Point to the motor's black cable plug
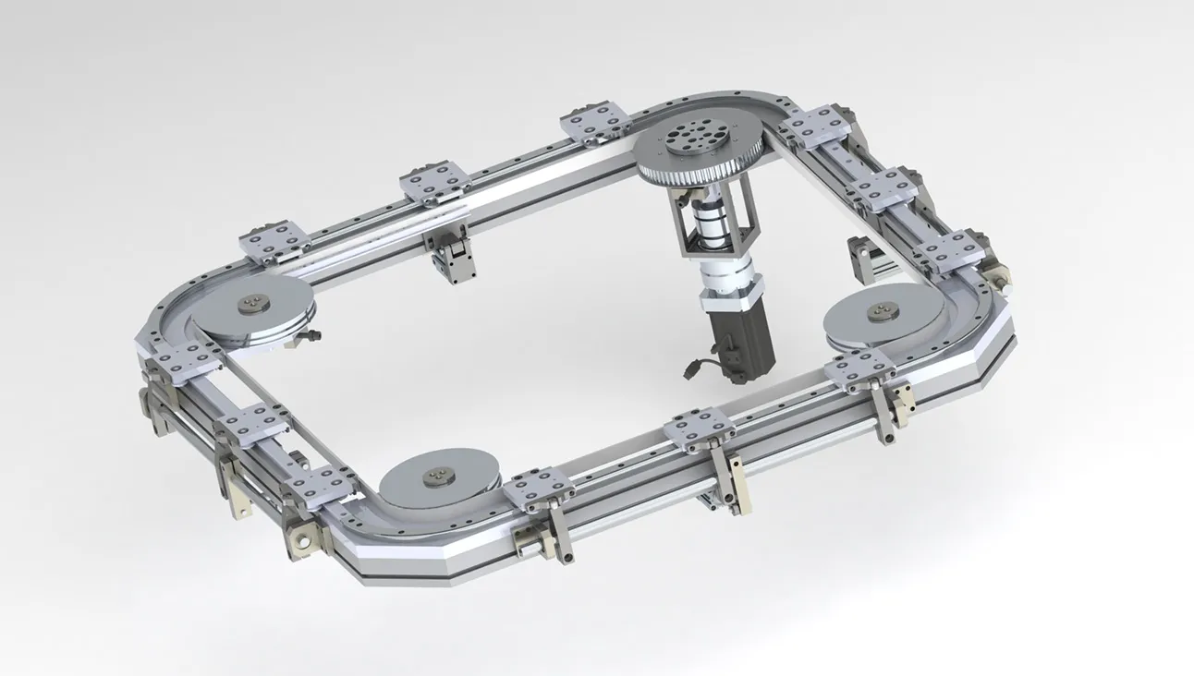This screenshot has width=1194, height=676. point(694,372)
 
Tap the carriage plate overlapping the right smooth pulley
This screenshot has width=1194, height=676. point(860,368)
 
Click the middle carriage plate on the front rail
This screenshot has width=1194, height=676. point(702,429)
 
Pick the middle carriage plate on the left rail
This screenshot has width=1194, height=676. point(251,426)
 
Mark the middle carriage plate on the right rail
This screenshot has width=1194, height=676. point(884,187)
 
